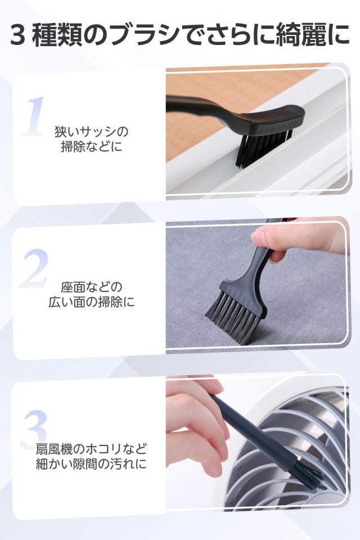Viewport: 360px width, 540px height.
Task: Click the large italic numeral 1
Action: click(34, 118)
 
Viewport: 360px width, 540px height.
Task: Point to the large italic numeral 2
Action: click(34, 269)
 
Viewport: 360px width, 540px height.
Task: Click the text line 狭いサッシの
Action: click(92, 132)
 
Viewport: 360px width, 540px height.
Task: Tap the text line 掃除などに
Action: click(92, 148)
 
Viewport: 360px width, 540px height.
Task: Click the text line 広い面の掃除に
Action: click(92, 301)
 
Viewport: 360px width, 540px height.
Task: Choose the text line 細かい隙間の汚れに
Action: click(92, 465)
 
